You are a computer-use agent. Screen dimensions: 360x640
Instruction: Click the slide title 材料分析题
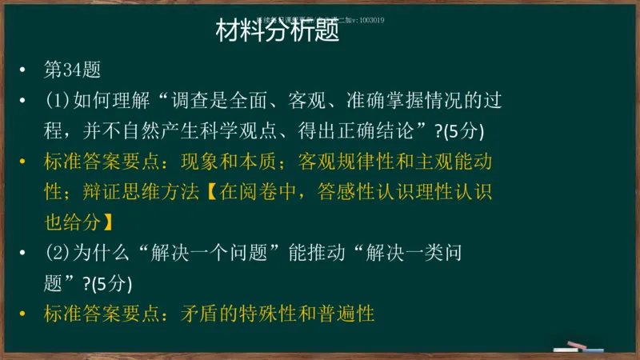pyautogui.click(x=278, y=32)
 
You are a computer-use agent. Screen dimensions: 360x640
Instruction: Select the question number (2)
pyautogui.click(x=57, y=254)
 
